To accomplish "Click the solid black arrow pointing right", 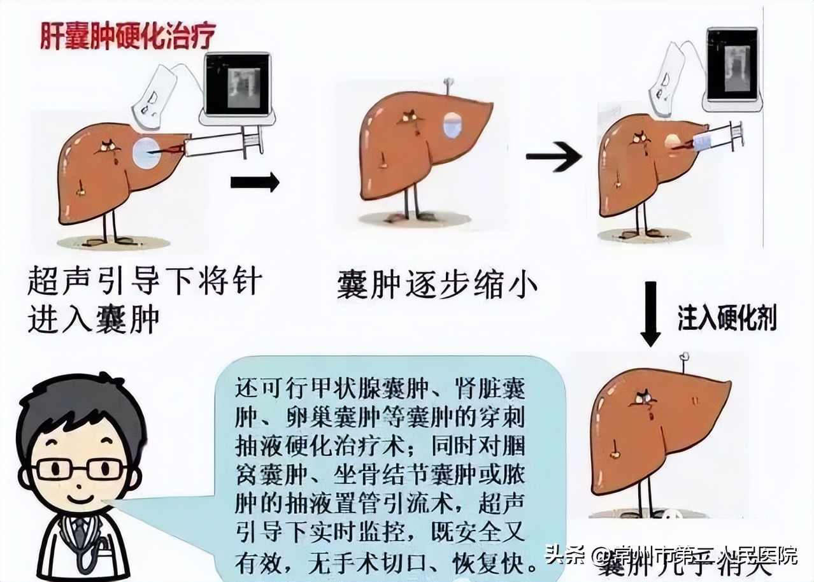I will coord(254,182).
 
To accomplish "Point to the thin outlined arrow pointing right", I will coord(553,157).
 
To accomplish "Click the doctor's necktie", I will coord(80,530).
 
